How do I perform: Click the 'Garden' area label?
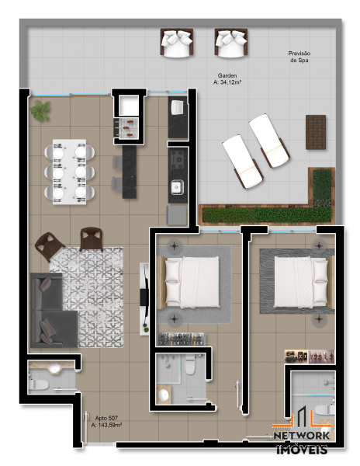coord(227,76)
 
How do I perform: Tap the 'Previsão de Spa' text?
coord(299,57)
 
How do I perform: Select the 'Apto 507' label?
coord(106,418)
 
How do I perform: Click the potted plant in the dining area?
coord(40,110)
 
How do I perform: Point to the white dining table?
coord(70,172)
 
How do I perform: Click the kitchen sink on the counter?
coord(177,187)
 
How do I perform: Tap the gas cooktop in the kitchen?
coord(178,159)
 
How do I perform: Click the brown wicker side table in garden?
coord(316,132)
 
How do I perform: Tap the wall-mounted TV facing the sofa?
coord(144,297)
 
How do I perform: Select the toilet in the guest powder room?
coord(39,384)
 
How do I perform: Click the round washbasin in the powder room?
coord(54,369)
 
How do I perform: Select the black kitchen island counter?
coord(130,172)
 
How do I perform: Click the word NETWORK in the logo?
coord(302,436)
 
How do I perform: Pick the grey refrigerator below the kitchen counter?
coord(176,215)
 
